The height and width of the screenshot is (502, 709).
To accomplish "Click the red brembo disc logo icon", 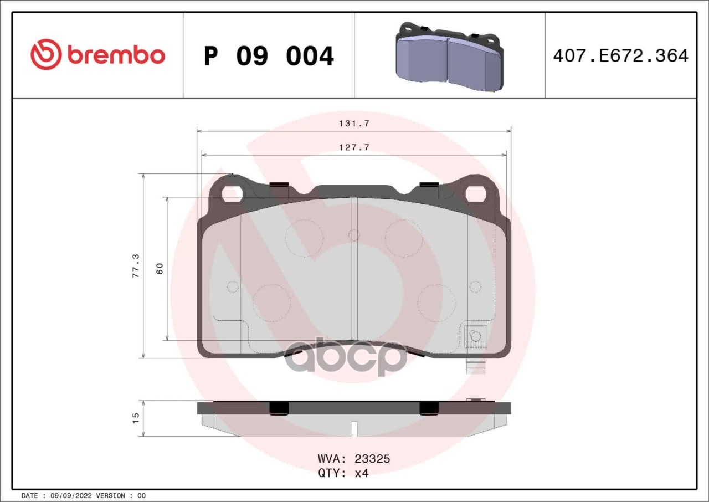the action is pyautogui.click(x=46, y=54).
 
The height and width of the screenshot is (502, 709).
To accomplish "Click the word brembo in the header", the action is pyautogui.click(x=116, y=55).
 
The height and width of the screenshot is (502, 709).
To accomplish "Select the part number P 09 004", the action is pyautogui.click(x=269, y=56).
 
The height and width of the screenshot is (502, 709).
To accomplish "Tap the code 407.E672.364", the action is pyautogui.click(x=621, y=56).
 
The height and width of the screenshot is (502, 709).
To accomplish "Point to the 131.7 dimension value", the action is pyautogui.click(x=354, y=124).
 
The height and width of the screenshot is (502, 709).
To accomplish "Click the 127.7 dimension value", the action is pyautogui.click(x=354, y=147).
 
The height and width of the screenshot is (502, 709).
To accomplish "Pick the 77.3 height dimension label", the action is pyautogui.click(x=136, y=266).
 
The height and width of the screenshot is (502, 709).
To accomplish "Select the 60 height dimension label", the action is pyautogui.click(x=160, y=268).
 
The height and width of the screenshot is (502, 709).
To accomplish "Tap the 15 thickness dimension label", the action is pyautogui.click(x=136, y=418).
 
